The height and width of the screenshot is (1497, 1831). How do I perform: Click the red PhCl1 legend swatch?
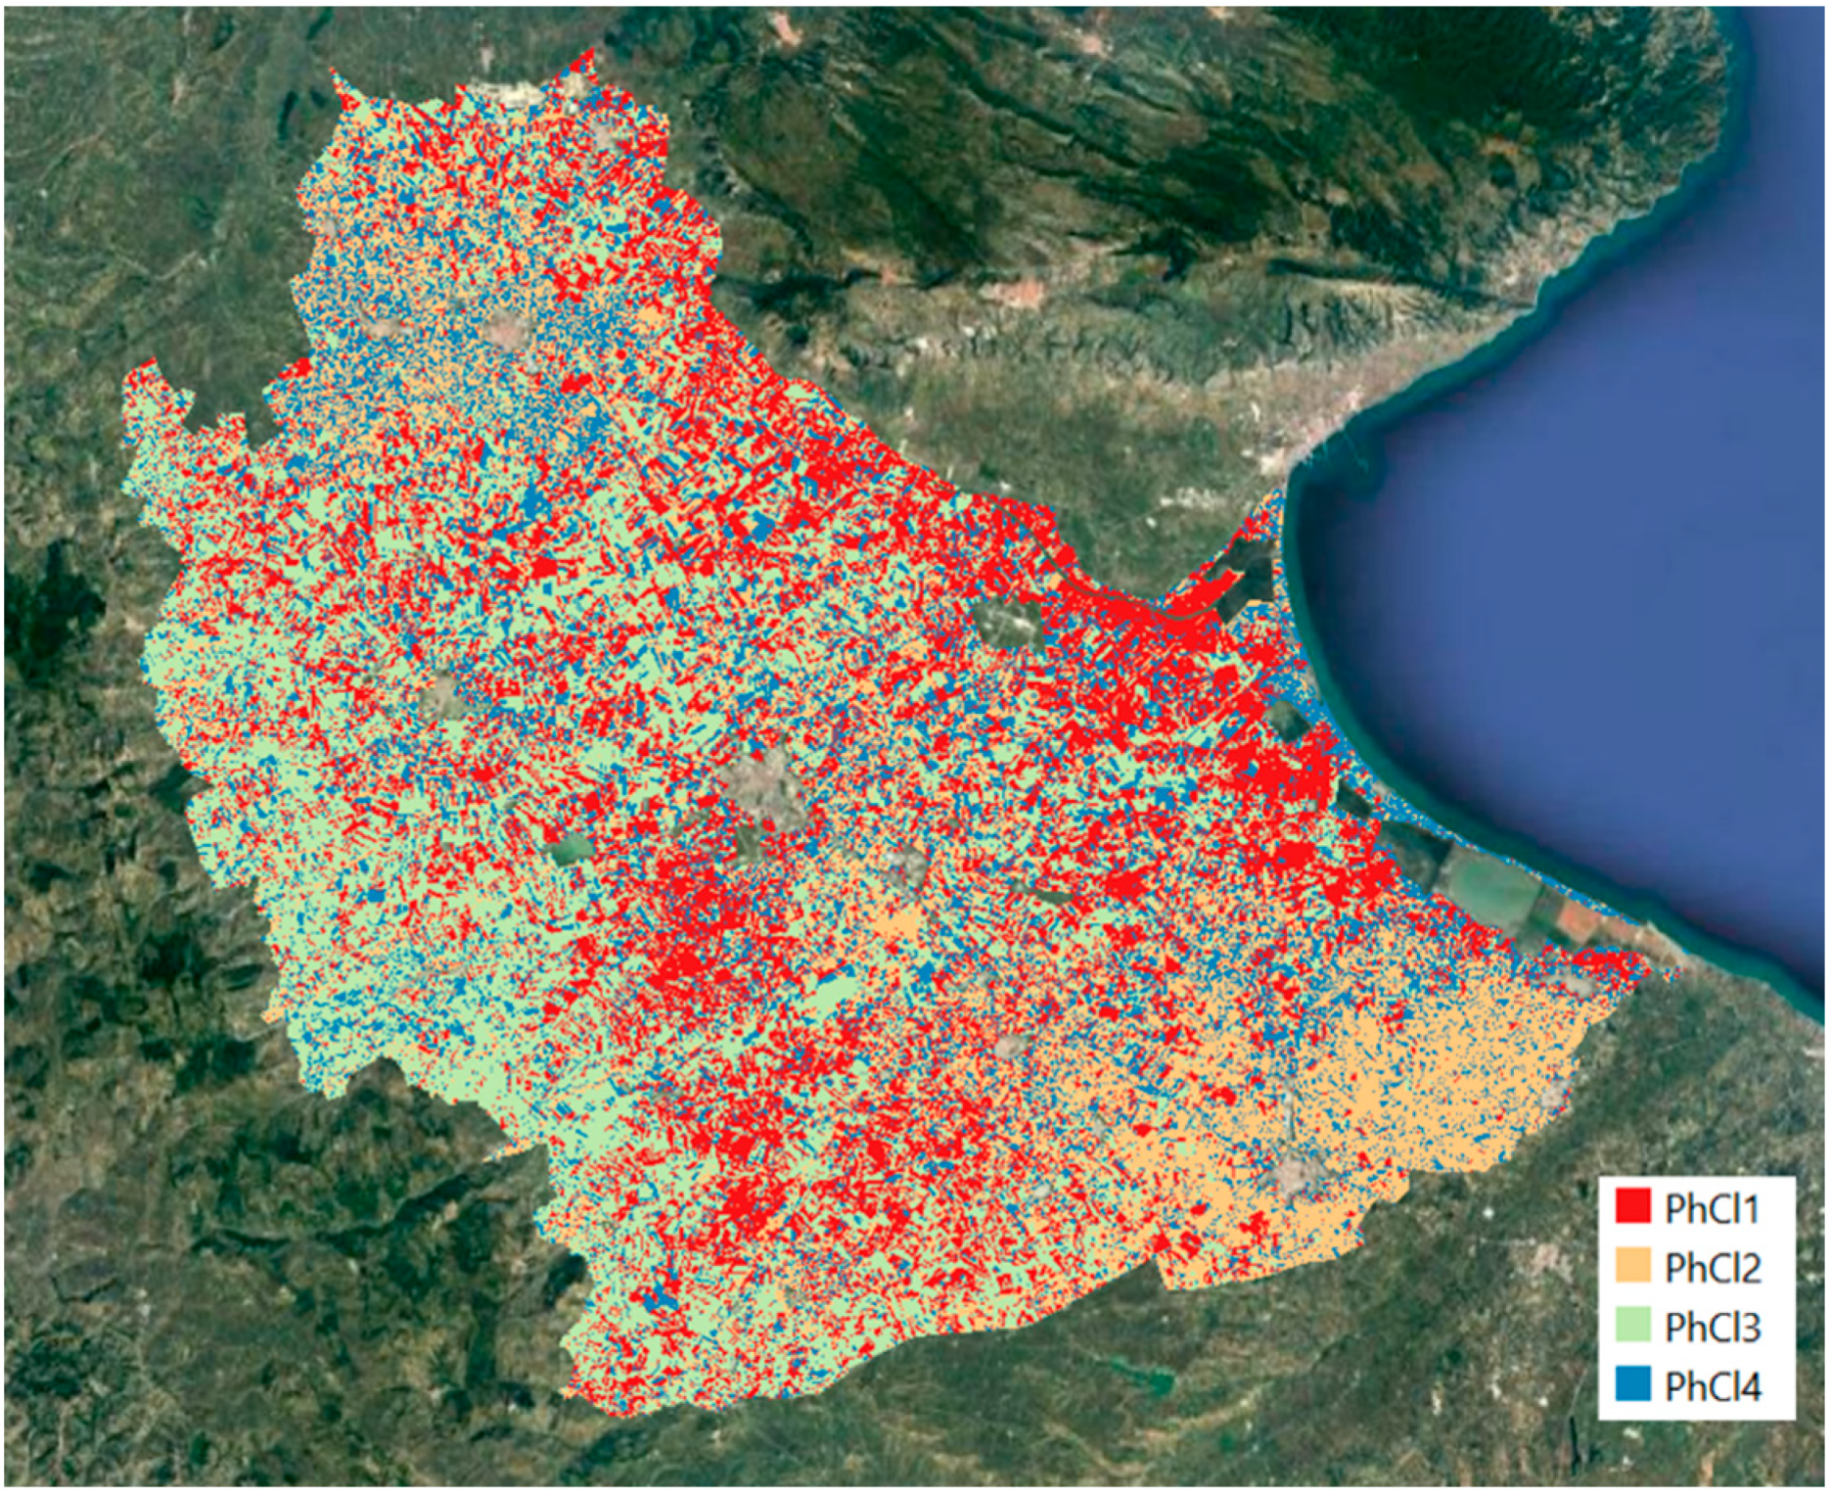(1632, 1207)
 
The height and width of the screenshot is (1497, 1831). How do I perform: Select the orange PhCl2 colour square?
(1632, 1266)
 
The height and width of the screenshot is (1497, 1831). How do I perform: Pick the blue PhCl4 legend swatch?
(1632, 1385)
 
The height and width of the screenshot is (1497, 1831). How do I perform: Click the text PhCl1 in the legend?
(1712, 1209)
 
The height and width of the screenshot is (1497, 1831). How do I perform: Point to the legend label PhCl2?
(1712, 1268)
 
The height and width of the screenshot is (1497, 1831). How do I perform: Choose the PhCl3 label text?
(1712, 1328)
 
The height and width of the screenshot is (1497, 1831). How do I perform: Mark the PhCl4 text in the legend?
(1712, 1387)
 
